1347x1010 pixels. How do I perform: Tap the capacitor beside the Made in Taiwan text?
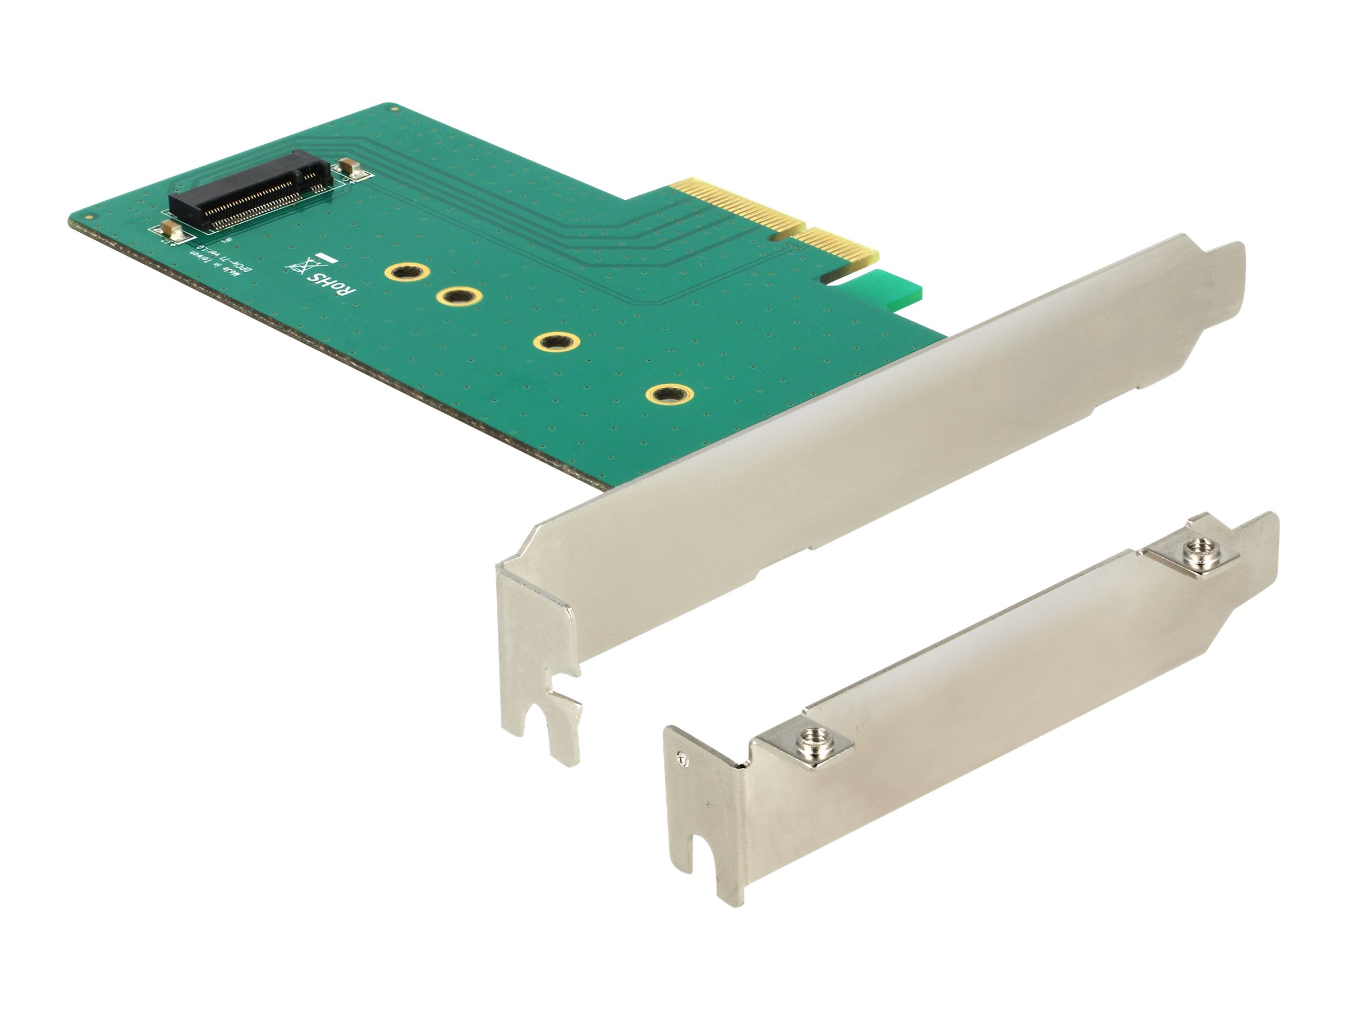(172, 232)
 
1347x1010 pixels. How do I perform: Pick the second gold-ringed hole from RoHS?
(459, 297)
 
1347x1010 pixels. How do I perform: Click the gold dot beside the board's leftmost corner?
(89, 217)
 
